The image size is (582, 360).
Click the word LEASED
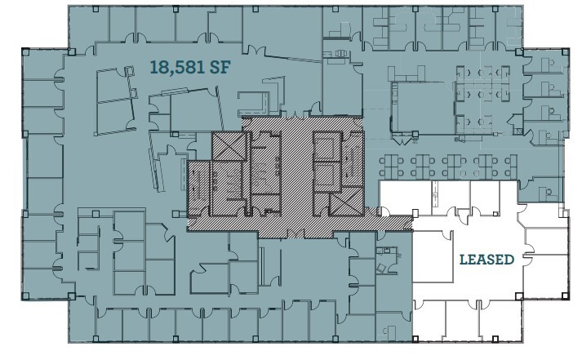click(x=486, y=260)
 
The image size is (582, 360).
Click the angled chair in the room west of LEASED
click(x=380, y=265)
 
